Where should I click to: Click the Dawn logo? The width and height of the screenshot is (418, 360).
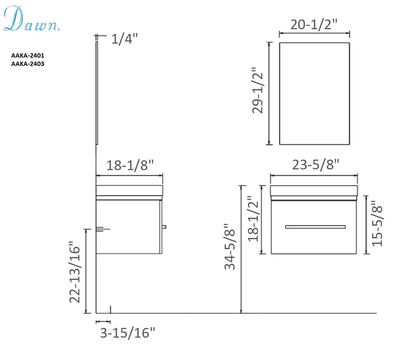pyautogui.click(x=31, y=19)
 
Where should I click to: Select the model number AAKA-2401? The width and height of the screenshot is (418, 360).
pyautogui.click(x=28, y=55)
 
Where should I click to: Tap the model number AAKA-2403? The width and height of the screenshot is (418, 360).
pyautogui.click(x=28, y=64)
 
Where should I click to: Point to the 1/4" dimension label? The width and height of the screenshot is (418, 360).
pyautogui.click(x=124, y=39)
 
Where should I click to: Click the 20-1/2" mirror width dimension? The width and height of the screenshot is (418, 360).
pyautogui.click(x=314, y=25)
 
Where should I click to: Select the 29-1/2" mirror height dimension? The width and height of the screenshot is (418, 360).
pyautogui.click(x=258, y=90)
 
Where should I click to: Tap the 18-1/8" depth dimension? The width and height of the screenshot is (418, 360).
pyautogui.click(x=130, y=165)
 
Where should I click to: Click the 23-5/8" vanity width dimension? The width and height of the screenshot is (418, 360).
pyautogui.click(x=316, y=165)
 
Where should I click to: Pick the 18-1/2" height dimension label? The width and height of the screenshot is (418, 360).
pyautogui.click(x=253, y=219)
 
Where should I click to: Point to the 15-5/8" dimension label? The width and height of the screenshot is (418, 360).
pyautogui.click(x=377, y=223)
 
